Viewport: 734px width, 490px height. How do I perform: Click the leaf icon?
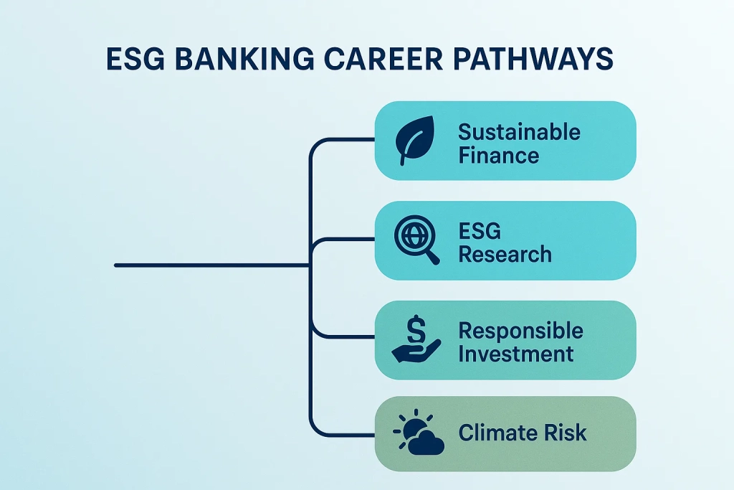point(416,141)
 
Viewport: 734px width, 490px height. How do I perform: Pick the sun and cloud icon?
point(419,433)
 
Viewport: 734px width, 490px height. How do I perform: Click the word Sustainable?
point(519,132)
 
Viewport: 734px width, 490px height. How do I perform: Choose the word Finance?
point(498,154)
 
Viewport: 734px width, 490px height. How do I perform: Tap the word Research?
point(505,253)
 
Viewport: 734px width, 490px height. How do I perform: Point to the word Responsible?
point(520,331)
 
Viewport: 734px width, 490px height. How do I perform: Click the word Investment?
point(516,353)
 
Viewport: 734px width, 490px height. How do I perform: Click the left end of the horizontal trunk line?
point(117,265)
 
